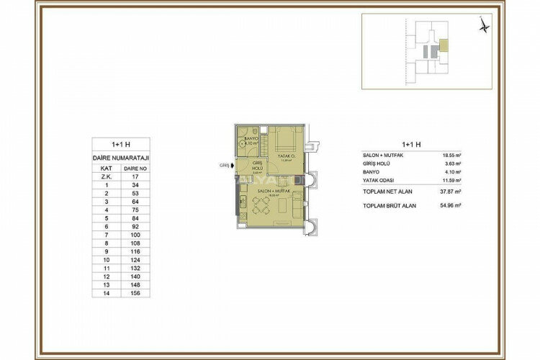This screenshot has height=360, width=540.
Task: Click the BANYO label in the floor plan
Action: [251, 138]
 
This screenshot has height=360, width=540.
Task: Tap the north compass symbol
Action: [485, 25]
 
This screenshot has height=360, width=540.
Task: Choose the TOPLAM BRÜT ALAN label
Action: [390, 205]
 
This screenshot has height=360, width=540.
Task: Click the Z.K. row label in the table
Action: [106, 175]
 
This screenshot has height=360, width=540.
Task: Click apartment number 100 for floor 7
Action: [131, 235]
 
